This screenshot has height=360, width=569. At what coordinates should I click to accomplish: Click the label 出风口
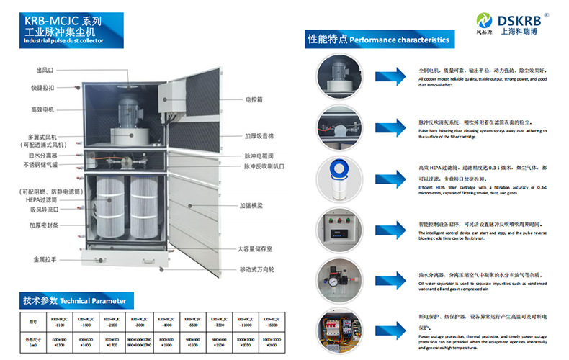click(x=45, y=71)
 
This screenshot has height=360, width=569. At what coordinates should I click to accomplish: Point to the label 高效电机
click(x=42, y=109)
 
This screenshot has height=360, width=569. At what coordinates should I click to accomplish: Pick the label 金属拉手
click(x=43, y=258)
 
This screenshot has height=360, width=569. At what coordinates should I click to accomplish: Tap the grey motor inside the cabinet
click(x=130, y=109)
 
